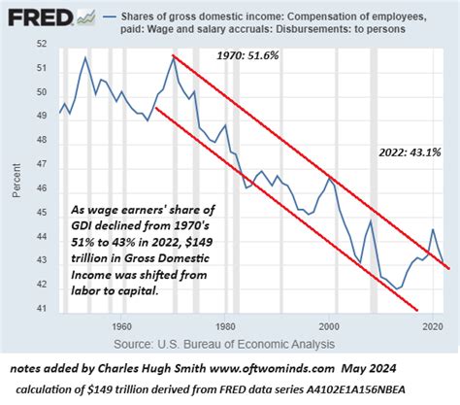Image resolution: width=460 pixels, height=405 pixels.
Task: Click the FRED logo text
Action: (31, 17)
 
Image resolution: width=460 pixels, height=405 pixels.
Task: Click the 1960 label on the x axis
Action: (120, 327)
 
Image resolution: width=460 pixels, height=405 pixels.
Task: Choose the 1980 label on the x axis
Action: (227, 327)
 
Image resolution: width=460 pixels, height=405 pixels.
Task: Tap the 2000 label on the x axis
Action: (333, 327)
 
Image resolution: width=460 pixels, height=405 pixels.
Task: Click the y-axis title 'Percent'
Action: (18, 181)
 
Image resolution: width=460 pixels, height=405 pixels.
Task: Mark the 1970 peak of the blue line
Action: (173, 56)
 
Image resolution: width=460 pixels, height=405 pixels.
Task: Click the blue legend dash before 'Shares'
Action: (89, 17)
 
